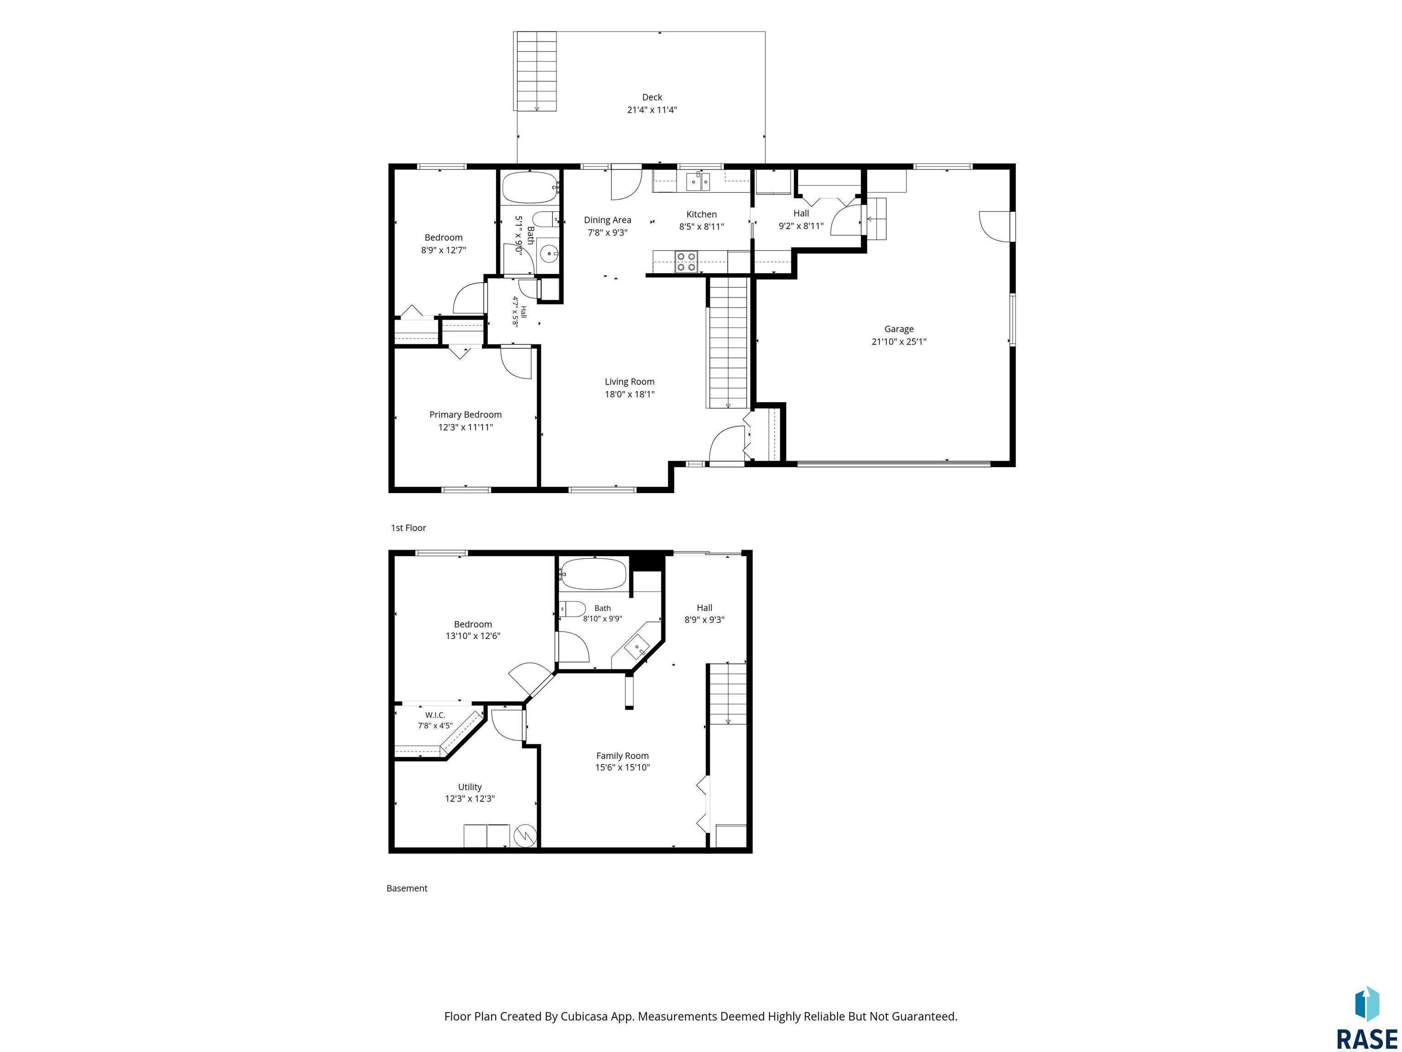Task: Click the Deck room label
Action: pos(652,97)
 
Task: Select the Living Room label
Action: pos(629,382)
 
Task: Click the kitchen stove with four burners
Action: pos(686,261)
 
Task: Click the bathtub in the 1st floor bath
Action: pos(530,187)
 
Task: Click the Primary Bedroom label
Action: pos(465,415)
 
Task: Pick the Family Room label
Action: pos(623,756)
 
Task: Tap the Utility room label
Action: pos(470,787)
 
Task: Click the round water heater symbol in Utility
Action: pos(525,836)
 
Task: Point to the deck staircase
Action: pos(536,71)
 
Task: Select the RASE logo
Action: pos(1366,1019)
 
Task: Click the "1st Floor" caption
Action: pos(408,527)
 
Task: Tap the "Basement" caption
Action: pos(407,889)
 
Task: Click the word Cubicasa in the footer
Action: pos(584,1016)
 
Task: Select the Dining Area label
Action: pos(607,220)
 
